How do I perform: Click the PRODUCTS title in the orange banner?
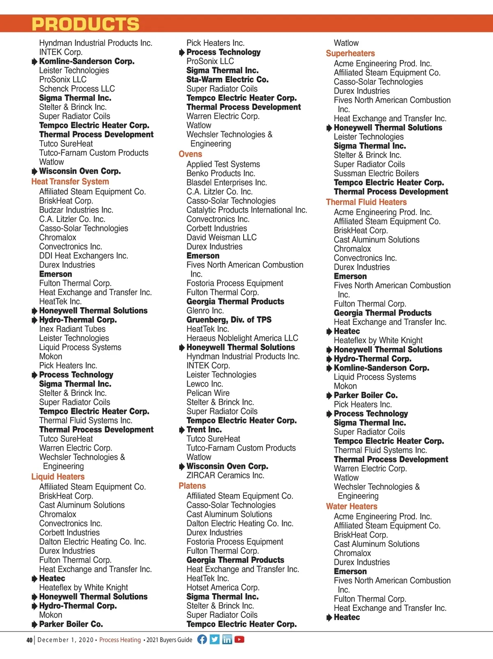(85, 24)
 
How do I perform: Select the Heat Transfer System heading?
(70, 182)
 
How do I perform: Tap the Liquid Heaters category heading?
(58, 477)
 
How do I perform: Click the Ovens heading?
(190, 154)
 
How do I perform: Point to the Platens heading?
(192, 486)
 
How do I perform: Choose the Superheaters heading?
(350, 53)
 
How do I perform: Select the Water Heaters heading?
(352, 506)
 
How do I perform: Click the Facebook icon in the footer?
(202, 639)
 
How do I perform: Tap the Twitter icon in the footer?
(214, 639)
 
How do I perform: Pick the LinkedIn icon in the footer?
(227, 639)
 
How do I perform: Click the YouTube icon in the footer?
(240, 639)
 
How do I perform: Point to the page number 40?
(30, 640)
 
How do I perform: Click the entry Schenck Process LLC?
(77, 89)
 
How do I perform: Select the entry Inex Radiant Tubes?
(72, 329)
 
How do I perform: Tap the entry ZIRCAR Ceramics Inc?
(225, 476)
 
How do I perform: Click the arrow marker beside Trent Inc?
(182, 430)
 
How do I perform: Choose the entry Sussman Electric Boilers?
(376, 173)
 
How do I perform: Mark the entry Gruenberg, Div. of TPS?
(229, 320)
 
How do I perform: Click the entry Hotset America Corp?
(223, 587)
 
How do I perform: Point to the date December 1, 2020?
(66, 640)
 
